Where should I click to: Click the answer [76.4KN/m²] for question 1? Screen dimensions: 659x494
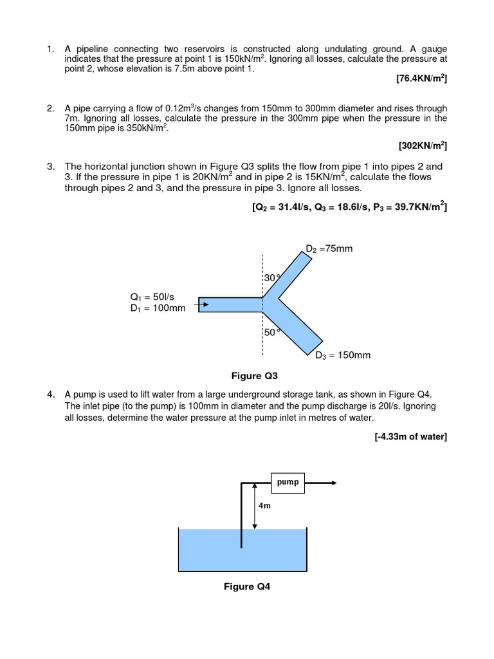click(421, 79)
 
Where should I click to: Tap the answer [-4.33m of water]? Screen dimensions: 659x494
click(410, 437)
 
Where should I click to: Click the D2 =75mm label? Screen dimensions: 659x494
click(329, 248)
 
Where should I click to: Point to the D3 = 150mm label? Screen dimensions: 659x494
click(342, 355)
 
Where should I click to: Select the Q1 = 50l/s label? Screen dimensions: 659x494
click(152, 297)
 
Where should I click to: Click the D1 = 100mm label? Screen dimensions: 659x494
click(157, 308)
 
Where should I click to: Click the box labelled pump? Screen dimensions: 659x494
click(288, 482)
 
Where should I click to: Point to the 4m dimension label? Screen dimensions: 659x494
click(264, 506)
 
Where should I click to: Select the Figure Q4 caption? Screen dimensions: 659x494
click(247, 586)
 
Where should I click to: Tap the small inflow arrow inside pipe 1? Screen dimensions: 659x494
click(204, 304)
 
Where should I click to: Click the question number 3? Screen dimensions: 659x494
click(50, 167)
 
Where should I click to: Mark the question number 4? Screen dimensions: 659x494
click(50, 394)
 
